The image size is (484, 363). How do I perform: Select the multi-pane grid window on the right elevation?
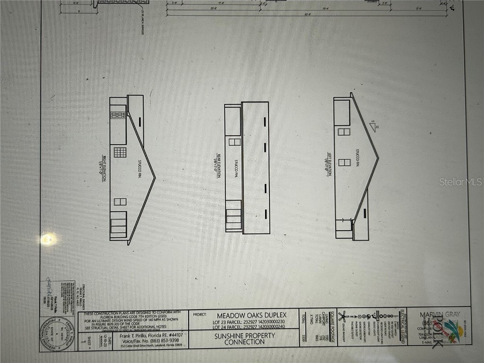click(x=120, y=153)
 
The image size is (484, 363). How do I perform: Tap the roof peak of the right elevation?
click(x=155, y=179)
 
